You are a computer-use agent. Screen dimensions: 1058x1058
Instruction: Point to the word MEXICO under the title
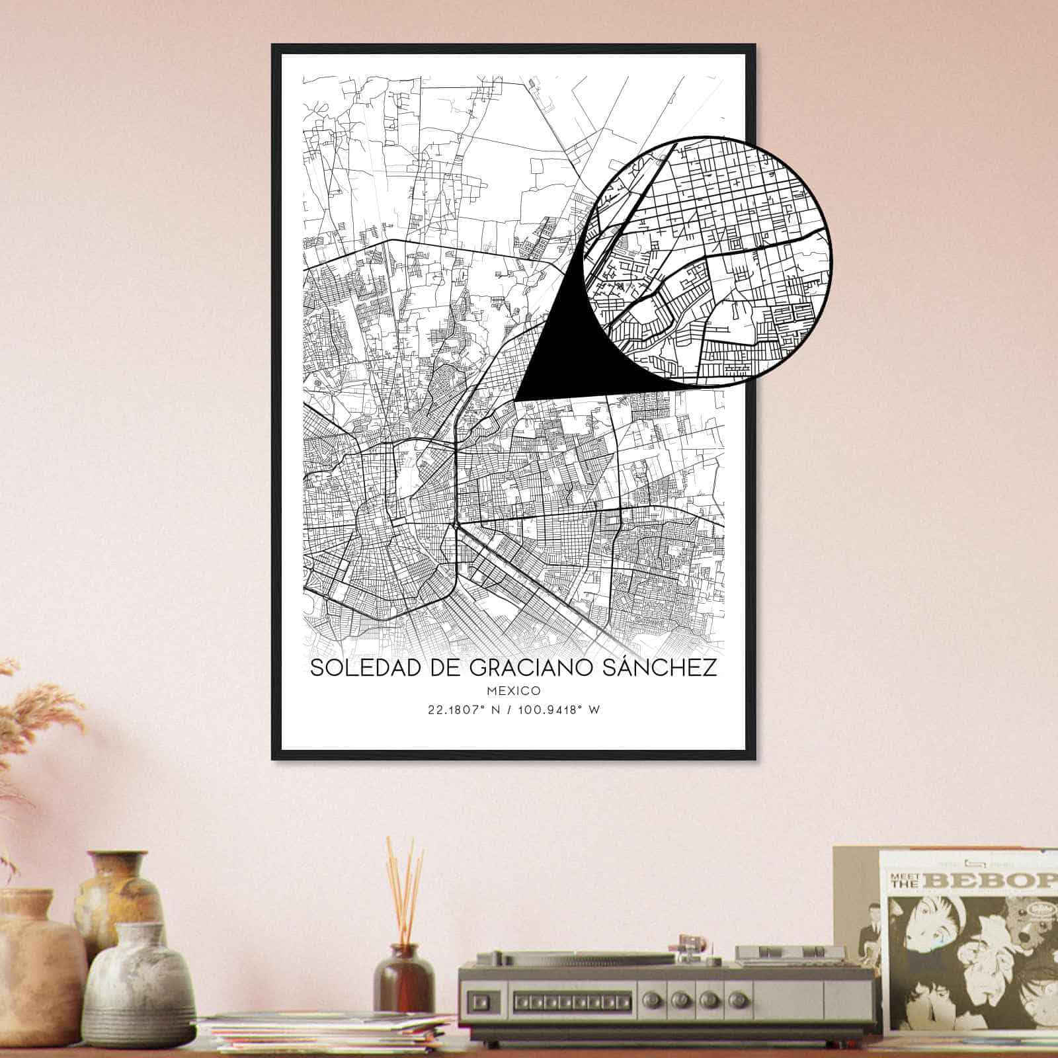point(513,691)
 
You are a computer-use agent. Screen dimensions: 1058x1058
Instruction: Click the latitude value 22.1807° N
point(464,710)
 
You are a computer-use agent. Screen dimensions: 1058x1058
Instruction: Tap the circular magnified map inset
point(708,261)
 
